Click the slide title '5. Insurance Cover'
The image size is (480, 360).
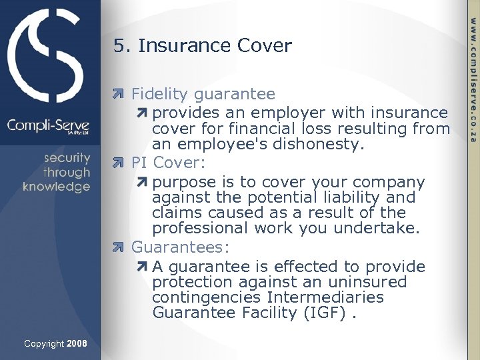[x=203, y=45]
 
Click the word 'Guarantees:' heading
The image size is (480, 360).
[x=180, y=247]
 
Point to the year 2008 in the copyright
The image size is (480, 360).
[x=77, y=344]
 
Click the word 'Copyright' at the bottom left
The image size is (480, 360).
[x=44, y=344]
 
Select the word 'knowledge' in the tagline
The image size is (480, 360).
[x=56, y=187]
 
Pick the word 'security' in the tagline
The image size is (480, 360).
[x=67, y=158]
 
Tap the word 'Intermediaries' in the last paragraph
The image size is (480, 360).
[x=325, y=297]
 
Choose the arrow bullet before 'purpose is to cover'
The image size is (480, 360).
[x=143, y=182]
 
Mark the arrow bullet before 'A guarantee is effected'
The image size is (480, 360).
[x=143, y=267]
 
